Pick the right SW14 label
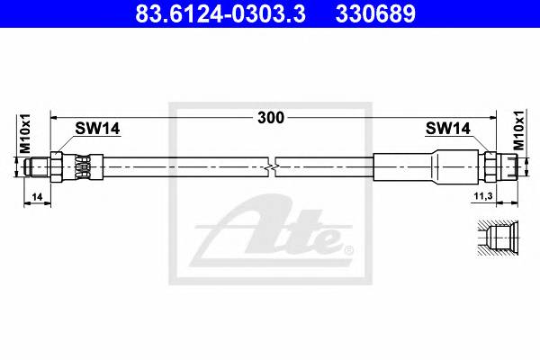[447, 130]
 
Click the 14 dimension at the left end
[36, 196]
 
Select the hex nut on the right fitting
[490, 166]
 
